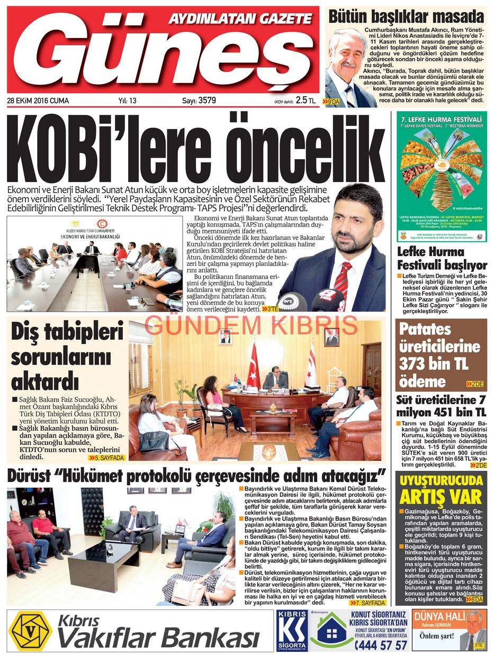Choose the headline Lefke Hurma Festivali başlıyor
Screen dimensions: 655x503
442,258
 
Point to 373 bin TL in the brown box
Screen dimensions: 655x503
434,364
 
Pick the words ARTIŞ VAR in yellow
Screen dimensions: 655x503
441,498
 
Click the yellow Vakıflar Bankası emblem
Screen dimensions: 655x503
31,631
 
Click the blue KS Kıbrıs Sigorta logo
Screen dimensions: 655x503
291,631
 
